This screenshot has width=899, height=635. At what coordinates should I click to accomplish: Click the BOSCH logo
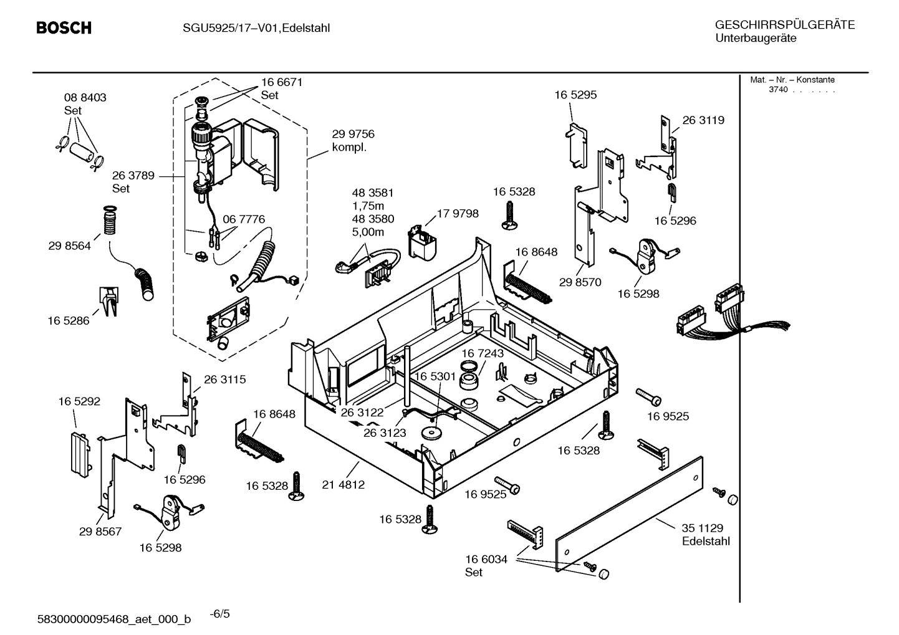click(64, 28)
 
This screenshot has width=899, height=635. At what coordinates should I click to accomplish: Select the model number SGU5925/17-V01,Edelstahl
click(256, 28)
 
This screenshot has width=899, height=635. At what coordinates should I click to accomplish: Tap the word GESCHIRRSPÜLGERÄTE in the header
click(784, 25)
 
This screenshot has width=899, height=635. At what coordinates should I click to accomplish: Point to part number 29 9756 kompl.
click(353, 141)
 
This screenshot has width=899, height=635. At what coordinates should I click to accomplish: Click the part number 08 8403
click(85, 98)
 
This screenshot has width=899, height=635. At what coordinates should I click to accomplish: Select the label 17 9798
click(458, 214)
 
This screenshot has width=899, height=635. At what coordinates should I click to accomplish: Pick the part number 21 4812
click(343, 484)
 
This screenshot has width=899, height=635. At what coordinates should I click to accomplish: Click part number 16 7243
click(482, 353)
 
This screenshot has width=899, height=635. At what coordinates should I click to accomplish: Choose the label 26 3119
click(703, 120)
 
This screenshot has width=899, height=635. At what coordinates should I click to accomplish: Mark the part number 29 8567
click(100, 532)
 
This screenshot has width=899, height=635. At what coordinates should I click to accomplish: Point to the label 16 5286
click(69, 321)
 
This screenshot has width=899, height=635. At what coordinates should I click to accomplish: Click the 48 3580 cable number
click(373, 219)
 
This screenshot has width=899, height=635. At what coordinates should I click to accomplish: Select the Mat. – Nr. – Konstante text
click(792, 80)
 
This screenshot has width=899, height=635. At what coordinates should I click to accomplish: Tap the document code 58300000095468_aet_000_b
click(114, 619)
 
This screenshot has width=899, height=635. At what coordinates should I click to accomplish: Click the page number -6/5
click(219, 614)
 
